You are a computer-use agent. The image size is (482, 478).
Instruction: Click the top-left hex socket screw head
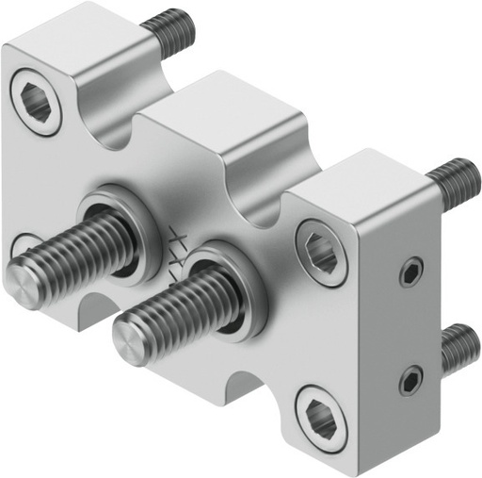(x=36, y=101)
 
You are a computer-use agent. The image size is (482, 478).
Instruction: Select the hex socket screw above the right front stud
(x=320, y=252)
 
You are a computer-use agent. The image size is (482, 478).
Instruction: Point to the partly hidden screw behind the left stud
(x=24, y=248)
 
